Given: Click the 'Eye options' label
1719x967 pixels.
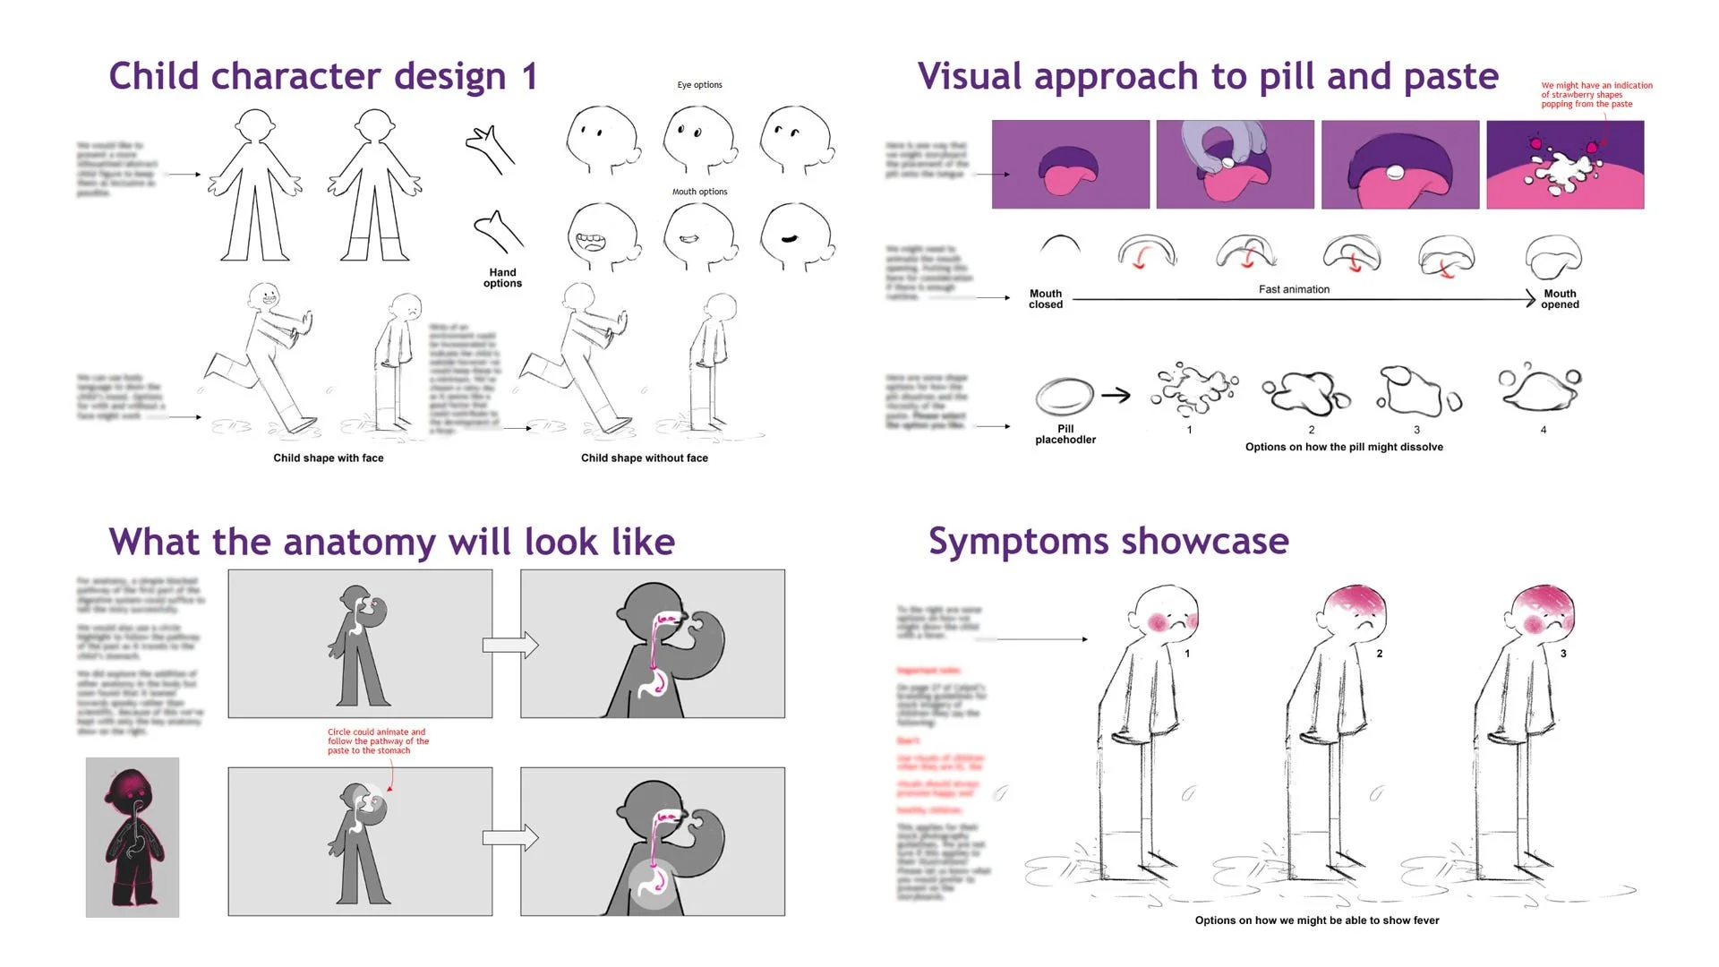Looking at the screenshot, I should [x=699, y=85].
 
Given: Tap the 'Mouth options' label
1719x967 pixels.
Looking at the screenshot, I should [x=699, y=192].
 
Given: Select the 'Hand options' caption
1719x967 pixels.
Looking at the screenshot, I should [x=502, y=278].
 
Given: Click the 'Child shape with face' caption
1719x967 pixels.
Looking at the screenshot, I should [x=329, y=458].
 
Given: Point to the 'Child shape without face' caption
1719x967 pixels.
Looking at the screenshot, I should [x=644, y=458].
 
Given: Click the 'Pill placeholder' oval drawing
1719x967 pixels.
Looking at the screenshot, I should [x=1065, y=396].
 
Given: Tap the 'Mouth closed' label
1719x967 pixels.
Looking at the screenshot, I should [x=1045, y=299].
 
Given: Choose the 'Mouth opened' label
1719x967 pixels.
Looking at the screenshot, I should [x=1560, y=299].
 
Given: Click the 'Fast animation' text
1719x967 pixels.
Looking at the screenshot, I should [x=1294, y=289].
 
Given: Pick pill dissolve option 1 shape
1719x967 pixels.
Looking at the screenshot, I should [x=1191, y=389].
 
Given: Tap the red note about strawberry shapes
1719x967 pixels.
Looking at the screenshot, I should [x=1596, y=95].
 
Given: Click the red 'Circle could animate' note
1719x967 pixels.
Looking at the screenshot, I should [x=377, y=741].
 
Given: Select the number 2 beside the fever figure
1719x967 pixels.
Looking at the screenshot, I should [x=1380, y=654].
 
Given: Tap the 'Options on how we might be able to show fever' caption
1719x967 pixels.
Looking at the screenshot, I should [x=1317, y=920].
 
